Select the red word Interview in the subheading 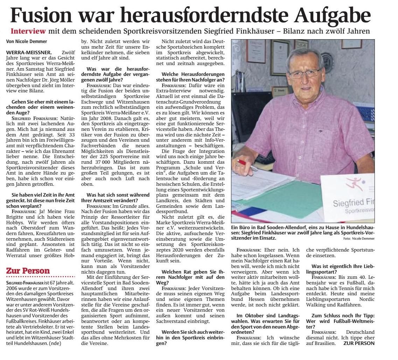(28, 31)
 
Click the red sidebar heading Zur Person (28, 270)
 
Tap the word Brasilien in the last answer (320, 343)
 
